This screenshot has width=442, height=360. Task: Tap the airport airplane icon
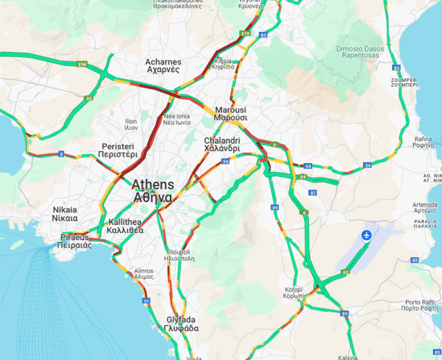[x=366, y=235]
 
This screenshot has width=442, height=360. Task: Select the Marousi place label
[x=230, y=114]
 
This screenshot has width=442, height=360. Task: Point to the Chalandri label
[x=222, y=144]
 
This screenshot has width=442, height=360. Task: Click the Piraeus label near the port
[x=75, y=241]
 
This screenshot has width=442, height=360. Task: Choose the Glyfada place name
[x=181, y=324]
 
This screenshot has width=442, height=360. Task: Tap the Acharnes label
[x=163, y=66]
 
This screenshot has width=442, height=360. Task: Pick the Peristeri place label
[x=117, y=151]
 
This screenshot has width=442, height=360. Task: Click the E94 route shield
[x=82, y=63]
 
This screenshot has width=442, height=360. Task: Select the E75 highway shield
[x=244, y=33]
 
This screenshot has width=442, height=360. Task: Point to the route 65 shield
[x=89, y=98]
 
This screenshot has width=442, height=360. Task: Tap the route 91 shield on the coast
[x=146, y=300]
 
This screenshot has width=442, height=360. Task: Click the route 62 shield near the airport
[x=345, y=272]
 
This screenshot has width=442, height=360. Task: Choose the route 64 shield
[x=302, y=177]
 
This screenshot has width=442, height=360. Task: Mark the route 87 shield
[x=313, y=193]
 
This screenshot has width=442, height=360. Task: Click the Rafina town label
[x=423, y=141]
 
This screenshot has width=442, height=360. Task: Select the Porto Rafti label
[x=420, y=305]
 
